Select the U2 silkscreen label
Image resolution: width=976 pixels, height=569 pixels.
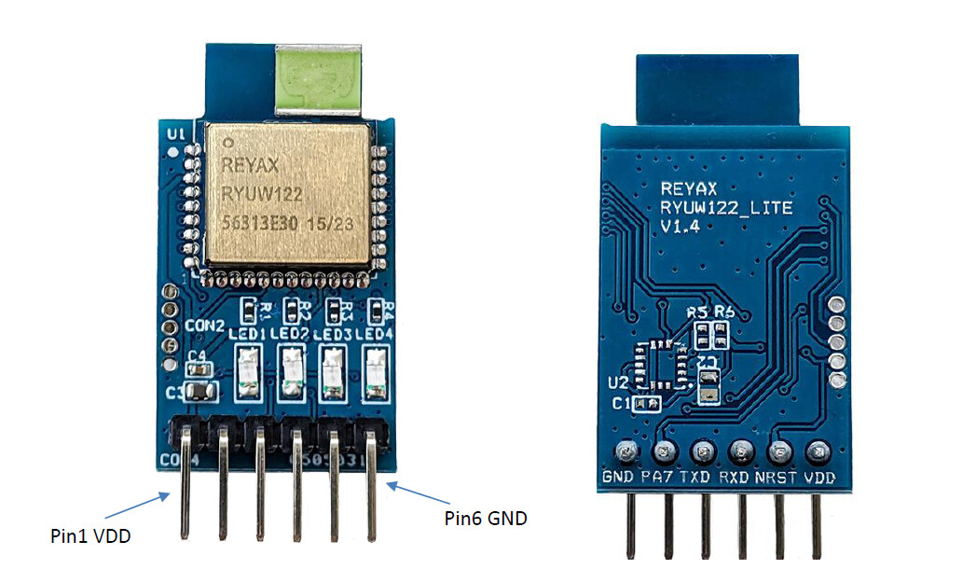(x=616, y=382)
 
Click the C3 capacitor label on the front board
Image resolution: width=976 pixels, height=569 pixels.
(x=175, y=393)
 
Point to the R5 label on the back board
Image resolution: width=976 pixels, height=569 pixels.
(x=695, y=313)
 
